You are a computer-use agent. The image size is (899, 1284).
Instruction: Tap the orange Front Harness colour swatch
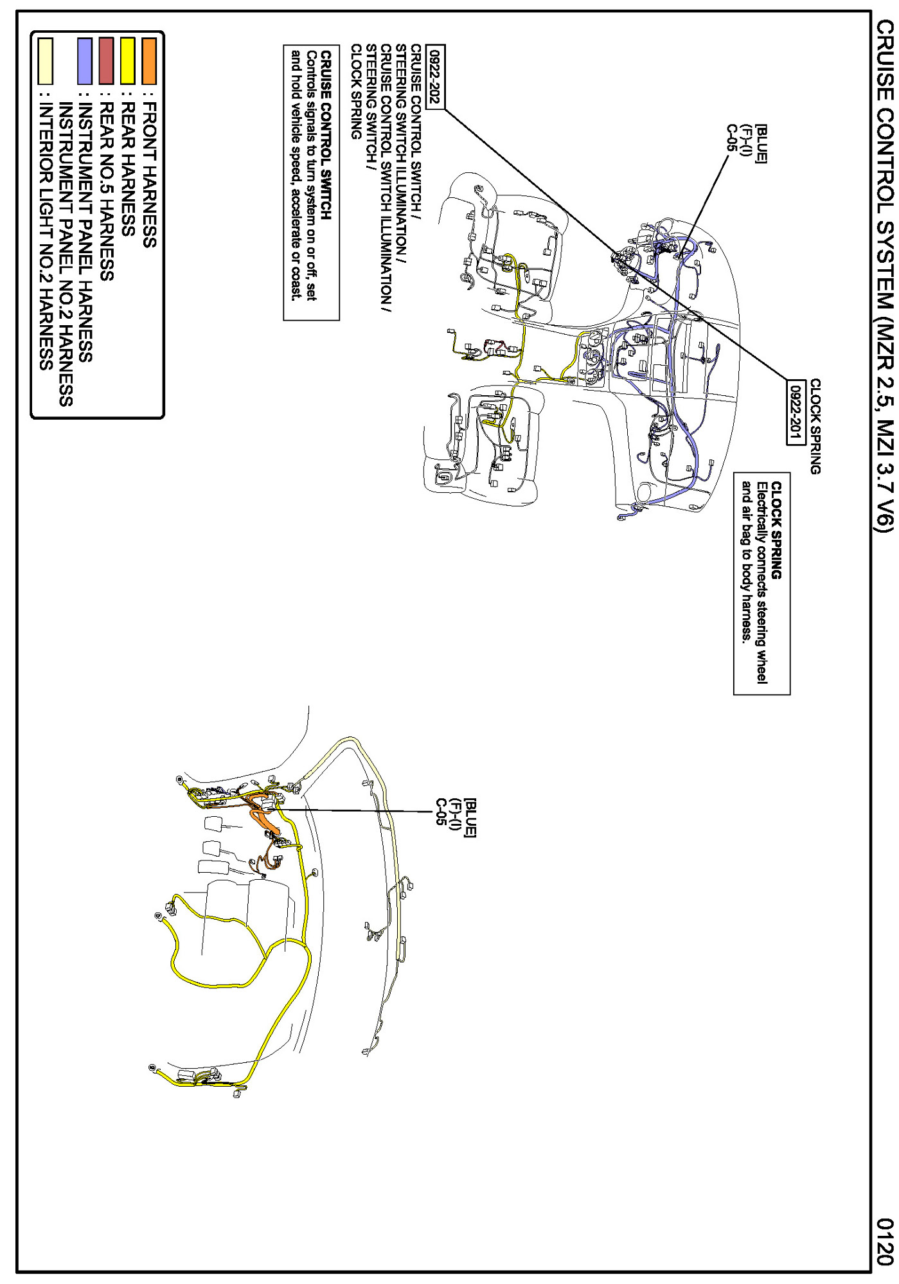(149, 61)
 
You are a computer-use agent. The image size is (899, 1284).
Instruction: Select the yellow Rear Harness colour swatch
(128, 61)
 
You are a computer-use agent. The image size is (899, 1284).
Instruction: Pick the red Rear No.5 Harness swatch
(107, 61)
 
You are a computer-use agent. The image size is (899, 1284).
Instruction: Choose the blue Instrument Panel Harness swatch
(85, 61)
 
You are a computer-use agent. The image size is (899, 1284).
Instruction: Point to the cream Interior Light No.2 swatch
(45, 61)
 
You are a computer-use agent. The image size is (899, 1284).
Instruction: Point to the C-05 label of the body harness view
(441, 812)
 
